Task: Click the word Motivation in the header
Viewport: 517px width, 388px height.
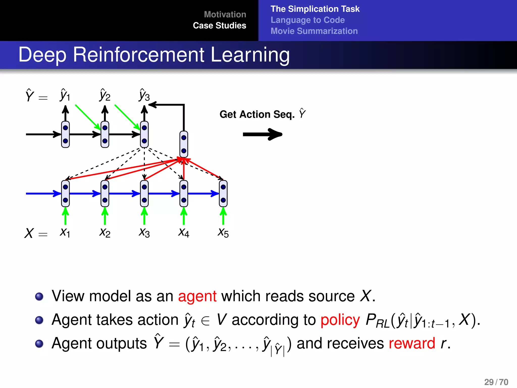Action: pyautogui.click(x=225, y=14)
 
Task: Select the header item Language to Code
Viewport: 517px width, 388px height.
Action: pyautogui.click(x=307, y=20)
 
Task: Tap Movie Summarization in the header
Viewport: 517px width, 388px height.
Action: pyautogui.click(x=314, y=31)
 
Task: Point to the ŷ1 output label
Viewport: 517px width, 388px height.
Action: pyautogui.click(x=65, y=95)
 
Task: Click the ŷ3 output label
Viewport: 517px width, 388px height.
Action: pyautogui.click(x=144, y=95)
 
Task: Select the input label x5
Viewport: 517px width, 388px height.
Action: pyautogui.click(x=223, y=232)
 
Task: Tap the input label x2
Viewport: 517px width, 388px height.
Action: pyautogui.click(x=105, y=232)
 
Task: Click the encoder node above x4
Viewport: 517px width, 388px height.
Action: pyautogui.click(x=184, y=193)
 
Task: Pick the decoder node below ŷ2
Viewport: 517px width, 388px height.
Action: pyautogui.click(x=105, y=134)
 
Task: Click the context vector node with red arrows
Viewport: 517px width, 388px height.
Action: pyautogui.click(x=184, y=144)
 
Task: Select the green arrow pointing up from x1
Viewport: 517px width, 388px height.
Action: pyautogui.click(x=65, y=216)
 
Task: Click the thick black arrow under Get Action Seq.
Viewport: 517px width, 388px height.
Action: pyautogui.click(x=263, y=134)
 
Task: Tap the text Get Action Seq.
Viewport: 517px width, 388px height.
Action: pyautogui.click(x=257, y=114)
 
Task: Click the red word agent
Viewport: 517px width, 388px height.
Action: pyautogui.click(x=197, y=296)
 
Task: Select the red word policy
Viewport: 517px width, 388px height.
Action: pyautogui.click(x=340, y=320)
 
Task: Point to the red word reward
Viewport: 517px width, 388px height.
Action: pyautogui.click(x=412, y=344)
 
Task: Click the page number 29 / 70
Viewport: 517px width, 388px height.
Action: pyautogui.click(x=496, y=382)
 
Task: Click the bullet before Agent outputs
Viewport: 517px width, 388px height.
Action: pyautogui.click(x=39, y=344)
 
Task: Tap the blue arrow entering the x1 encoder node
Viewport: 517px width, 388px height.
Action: pyautogui.click(x=43, y=193)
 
